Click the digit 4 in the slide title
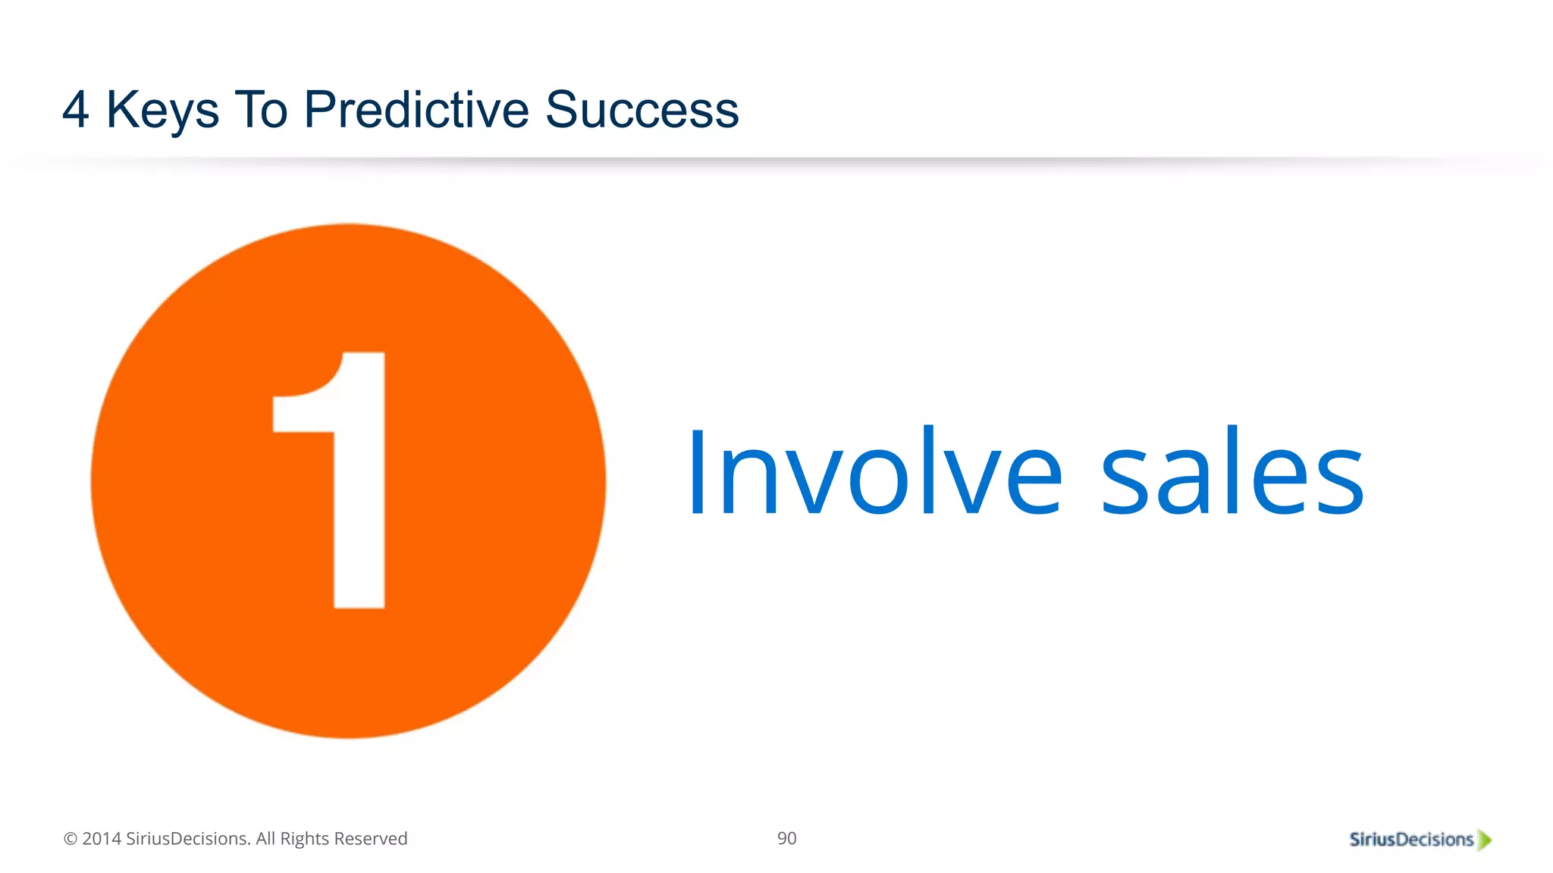76,110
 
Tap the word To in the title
261,110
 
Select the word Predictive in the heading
416,110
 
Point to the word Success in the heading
642,110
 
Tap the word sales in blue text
1231,472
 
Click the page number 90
786,838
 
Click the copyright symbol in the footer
71,839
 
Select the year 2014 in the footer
102,839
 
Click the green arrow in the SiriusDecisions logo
1485,840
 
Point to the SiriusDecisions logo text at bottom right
1410,840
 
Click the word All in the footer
265,839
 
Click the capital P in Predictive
318,110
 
